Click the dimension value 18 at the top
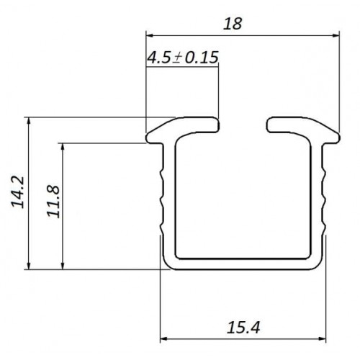233,24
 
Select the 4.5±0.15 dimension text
183,58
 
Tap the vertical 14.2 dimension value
18,192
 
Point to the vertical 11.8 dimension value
53,202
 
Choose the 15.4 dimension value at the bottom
243,328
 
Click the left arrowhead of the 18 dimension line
150,35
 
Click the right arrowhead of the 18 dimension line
336,35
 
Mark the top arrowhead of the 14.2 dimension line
29,121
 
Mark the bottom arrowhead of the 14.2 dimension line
29,266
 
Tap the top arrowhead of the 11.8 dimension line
63,147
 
